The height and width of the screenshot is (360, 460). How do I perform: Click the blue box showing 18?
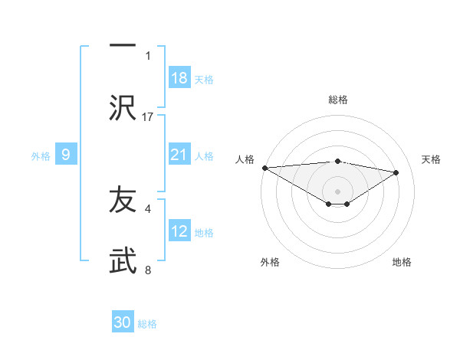pyautogui.click(x=179, y=78)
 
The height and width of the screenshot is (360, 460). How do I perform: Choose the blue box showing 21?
pyautogui.click(x=179, y=155)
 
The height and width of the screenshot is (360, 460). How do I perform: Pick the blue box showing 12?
pyautogui.click(x=179, y=231)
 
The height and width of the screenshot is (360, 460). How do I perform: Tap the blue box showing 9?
pyautogui.click(x=66, y=155)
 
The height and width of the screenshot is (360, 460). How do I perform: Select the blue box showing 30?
pyautogui.click(x=123, y=322)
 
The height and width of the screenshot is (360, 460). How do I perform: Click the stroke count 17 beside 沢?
pyautogui.click(x=149, y=116)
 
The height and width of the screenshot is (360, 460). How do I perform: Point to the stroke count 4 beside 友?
pyautogui.click(x=148, y=208)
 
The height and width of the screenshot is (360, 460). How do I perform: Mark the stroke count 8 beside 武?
pyautogui.click(x=148, y=270)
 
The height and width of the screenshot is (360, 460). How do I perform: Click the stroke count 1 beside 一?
pyautogui.click(x=148, y=55)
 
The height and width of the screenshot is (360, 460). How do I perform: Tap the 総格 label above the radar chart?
pyautogui.click(x=338, y=100)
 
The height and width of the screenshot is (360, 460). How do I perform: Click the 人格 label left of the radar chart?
pyautogui.click(x=245, y=159)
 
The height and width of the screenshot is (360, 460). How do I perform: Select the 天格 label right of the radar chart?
pyautogui.click(x=432, y=159)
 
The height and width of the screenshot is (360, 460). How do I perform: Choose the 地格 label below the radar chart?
pyautogui.click(x=402, y=262)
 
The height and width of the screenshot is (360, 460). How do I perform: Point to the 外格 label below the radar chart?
pyautogui.click(x=270, y=262)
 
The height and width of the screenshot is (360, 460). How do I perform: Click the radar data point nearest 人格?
pyautogui.click(x=264, y=168)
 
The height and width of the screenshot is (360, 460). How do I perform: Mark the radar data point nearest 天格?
pyautogui.click(x=396, y=172)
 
